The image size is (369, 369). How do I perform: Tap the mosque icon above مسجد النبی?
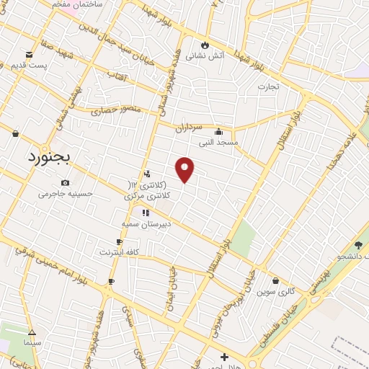[219, 131]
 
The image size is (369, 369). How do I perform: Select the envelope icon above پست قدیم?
[29, 54]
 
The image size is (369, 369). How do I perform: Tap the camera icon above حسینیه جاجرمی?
[66, 182]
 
